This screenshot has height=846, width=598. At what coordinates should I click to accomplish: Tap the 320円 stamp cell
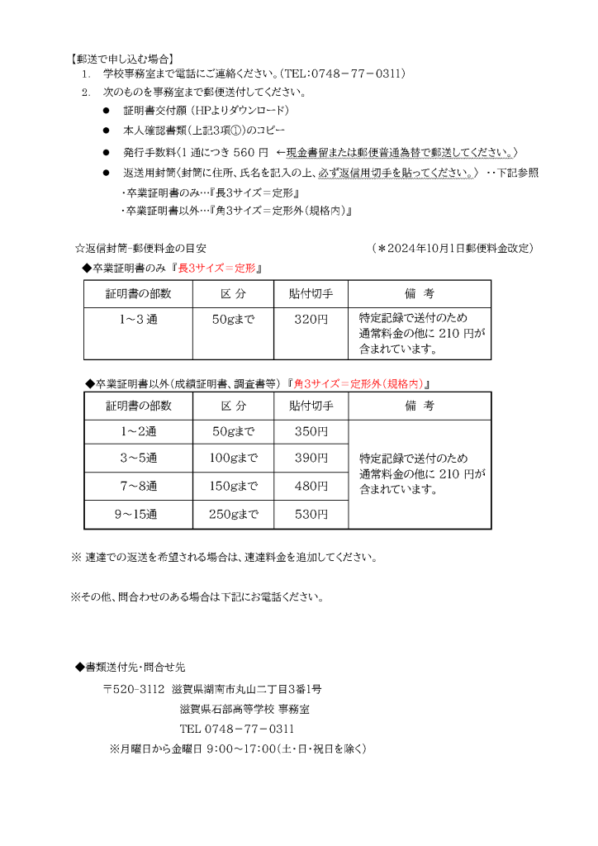[x=311, y=320]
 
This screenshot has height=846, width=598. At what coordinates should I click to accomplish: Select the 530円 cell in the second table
[x=311, y=515]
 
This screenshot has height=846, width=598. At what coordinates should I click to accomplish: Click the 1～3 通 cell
[x=138, y=320]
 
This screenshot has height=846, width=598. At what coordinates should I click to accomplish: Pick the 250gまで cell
[x=234, y=515]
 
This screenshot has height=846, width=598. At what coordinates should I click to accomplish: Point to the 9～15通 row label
[x=138, y=515]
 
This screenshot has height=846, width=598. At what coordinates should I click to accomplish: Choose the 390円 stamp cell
[x=311, y=458]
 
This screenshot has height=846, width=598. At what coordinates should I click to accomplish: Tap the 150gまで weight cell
[x=234, y=486]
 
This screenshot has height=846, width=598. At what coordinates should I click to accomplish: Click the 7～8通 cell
[x=138, y=486]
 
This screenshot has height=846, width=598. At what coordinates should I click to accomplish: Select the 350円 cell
[x=311, y=431]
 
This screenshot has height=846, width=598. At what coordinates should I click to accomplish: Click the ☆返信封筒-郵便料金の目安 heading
[x=140, y=248]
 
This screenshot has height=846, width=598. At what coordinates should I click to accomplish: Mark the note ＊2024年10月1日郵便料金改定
[x=453, y=248]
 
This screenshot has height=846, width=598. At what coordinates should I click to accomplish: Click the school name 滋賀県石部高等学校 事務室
[x=244, y=709]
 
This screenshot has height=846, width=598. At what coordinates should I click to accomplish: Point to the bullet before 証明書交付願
[x=107, y=110]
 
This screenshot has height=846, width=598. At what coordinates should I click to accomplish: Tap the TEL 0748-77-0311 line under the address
[x=237, y=730]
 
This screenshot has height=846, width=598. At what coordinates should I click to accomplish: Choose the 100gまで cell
[x=234, y=458]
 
